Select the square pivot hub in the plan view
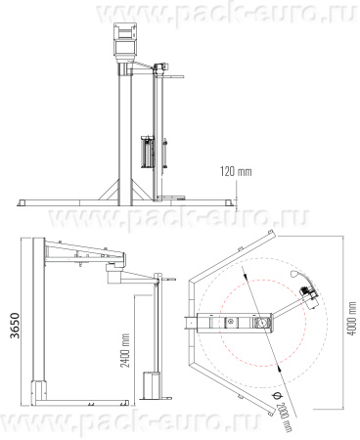(x=261, y=323)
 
